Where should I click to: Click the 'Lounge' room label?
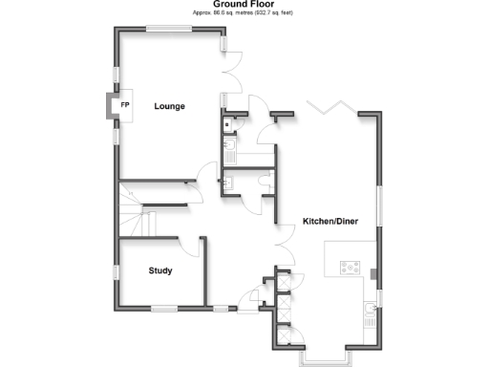(x=169, y=106)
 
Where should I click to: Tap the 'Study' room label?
(x=160, y=271)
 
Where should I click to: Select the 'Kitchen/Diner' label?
(x=330, y=222)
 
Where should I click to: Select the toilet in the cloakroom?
(x=264, y=180)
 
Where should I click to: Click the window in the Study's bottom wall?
(x=165, y=308)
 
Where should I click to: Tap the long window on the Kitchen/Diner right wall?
(x=379, y=206)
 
